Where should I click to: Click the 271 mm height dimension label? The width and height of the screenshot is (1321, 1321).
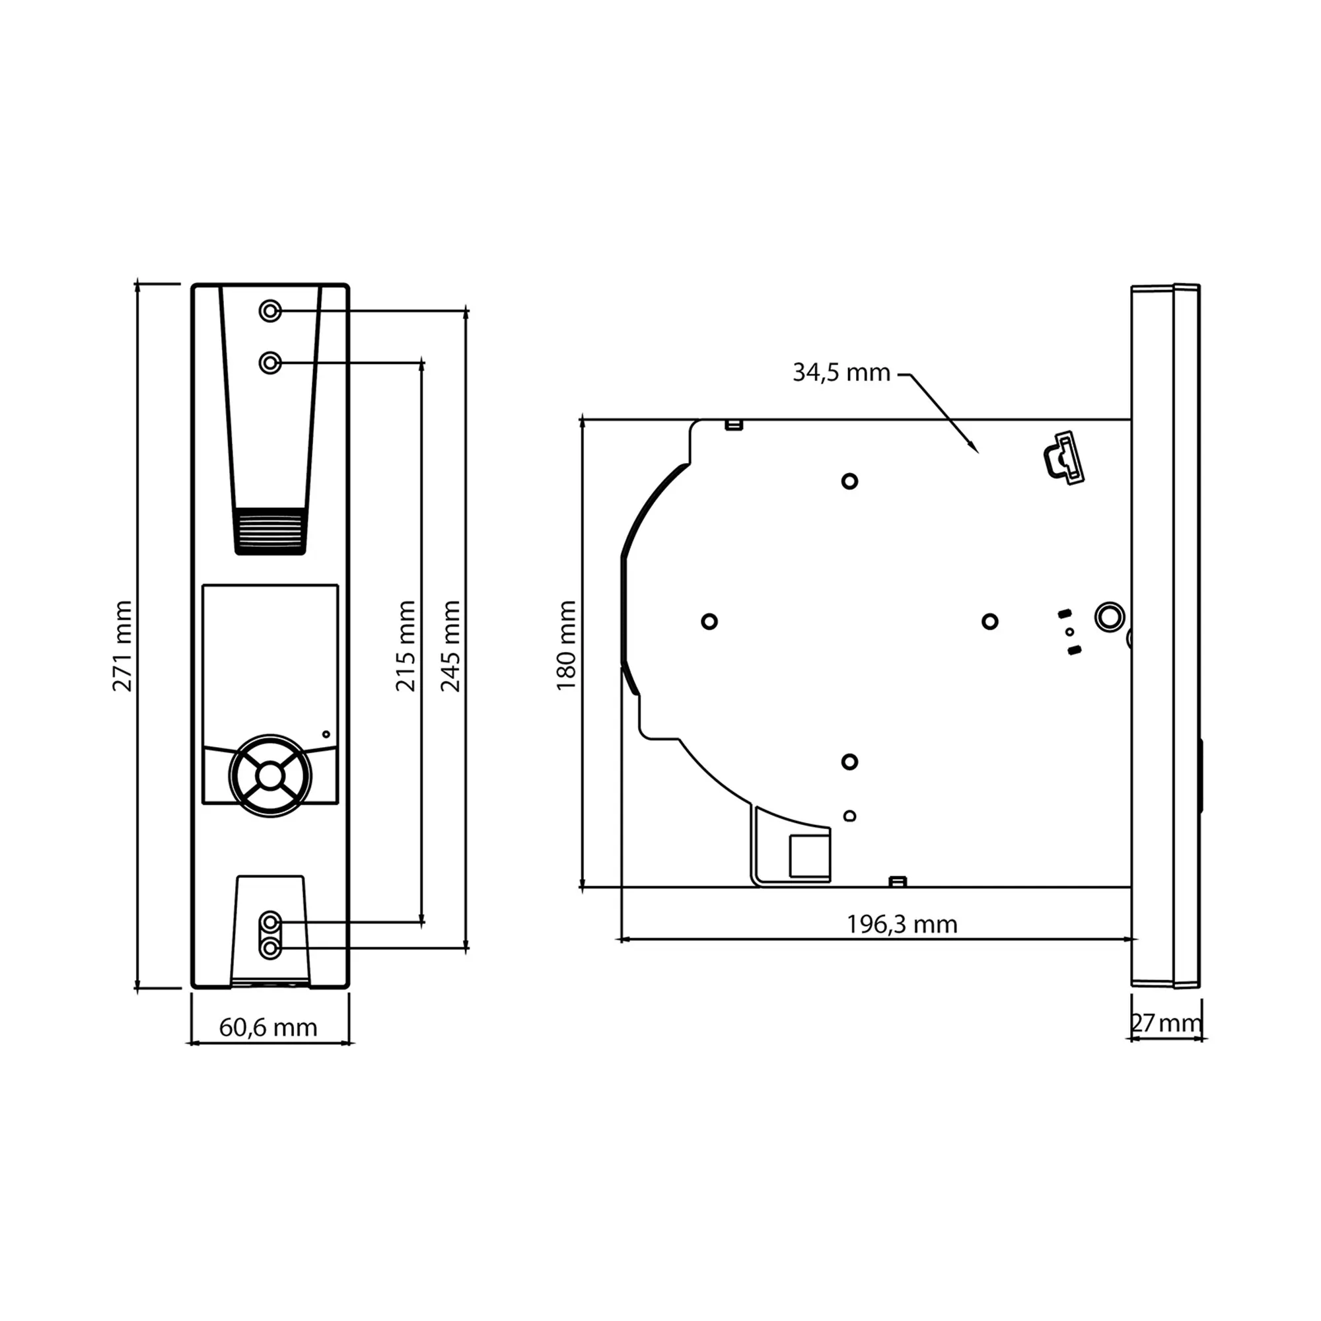pos(122,646)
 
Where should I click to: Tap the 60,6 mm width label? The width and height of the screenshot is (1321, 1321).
pos(268,1028)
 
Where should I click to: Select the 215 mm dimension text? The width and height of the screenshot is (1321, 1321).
pos(406,646)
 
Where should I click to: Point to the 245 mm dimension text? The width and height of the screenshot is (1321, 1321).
pos(450,646)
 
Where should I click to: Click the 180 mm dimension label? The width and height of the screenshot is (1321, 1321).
pos(566,645)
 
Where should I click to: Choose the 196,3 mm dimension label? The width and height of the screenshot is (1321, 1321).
pos(902,925)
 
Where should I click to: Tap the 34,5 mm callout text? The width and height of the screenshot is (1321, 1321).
pos(841,373)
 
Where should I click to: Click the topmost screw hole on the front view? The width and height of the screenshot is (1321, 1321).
pos(271,311)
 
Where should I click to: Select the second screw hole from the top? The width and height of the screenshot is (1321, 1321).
pos(271,363)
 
